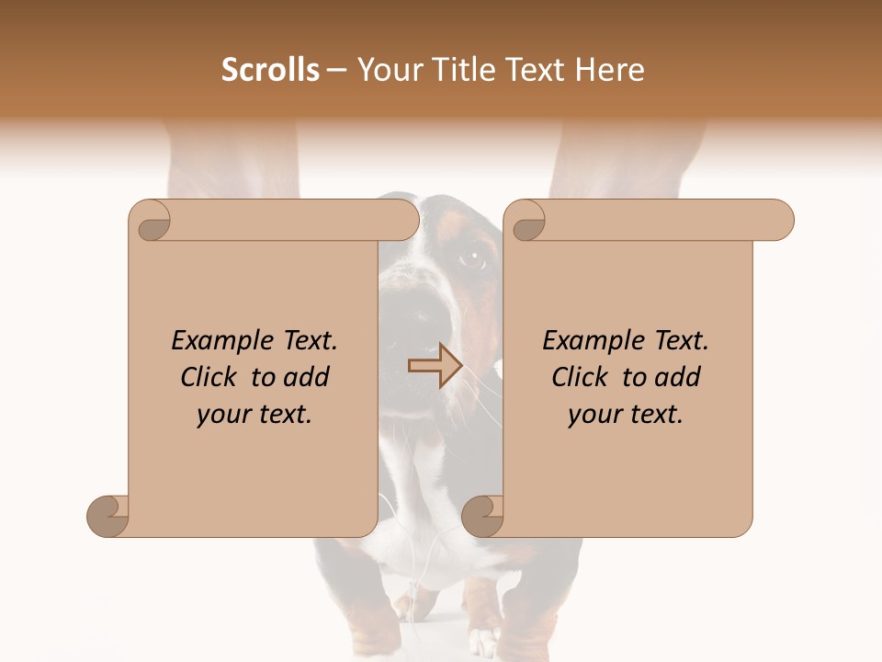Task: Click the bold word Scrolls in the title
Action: pos(270,70)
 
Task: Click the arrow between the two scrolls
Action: pos(435,366)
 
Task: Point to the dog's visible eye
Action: pos(472,258)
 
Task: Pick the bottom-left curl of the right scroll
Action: pos(483,516)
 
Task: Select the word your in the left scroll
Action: pos(221,415)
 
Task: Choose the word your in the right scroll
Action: pos(593,415)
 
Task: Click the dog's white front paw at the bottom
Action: pos(482,640)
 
